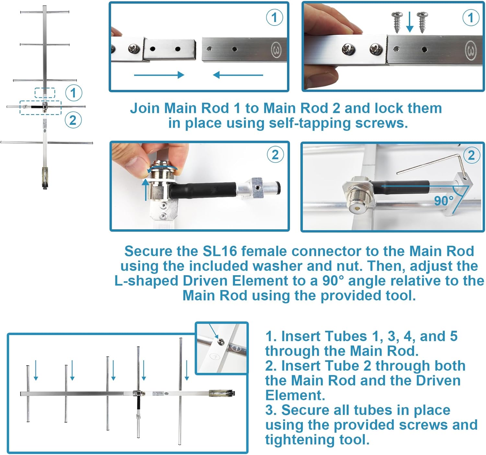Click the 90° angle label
click(444, 201)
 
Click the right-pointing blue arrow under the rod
click(159, 75)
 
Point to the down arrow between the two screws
click(410, 22)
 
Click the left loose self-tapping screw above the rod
click(397, 22)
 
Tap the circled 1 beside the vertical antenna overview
click(74, 93)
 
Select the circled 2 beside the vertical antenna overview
click(73, 120)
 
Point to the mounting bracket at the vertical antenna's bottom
click(44, 178)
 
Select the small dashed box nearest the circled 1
click(45, 92)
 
